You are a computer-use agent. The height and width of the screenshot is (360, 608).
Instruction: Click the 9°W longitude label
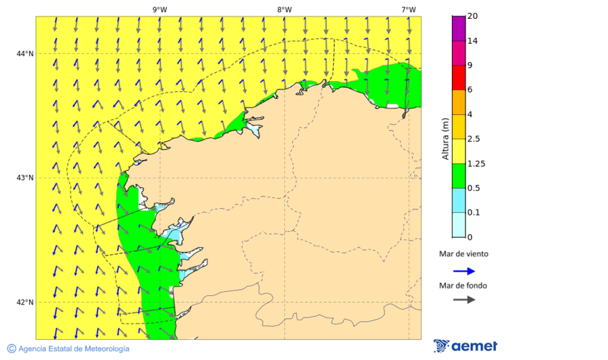click(159, 9)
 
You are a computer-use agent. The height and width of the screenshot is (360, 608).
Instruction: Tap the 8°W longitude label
click(284, 9)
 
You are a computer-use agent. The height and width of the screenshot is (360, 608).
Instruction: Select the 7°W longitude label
click(408, 9)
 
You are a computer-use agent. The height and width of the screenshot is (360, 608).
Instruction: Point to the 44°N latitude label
click(25, 54)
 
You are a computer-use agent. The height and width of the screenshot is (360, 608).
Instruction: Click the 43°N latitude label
click(25, 178)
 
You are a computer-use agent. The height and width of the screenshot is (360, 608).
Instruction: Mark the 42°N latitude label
click(25, 302)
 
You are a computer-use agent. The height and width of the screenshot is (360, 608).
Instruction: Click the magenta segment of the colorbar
click(459, 28)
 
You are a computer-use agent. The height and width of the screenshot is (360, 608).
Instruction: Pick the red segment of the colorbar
click(459, 78)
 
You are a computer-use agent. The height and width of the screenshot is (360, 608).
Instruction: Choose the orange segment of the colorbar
click(459, 102)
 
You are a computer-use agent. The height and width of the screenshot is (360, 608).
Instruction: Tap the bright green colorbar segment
click(459, 176)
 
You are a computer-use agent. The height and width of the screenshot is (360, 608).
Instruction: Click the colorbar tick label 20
click(472, 16)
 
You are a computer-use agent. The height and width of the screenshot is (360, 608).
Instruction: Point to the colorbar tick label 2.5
click(474, 139)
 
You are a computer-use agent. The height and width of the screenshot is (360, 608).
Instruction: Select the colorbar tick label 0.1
click(474, 213)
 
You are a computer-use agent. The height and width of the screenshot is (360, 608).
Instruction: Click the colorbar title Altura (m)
click(445, 139)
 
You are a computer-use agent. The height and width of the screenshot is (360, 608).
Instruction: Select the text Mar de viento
click(463, 255)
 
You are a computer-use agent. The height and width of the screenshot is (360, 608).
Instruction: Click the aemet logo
click(465, 346)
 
